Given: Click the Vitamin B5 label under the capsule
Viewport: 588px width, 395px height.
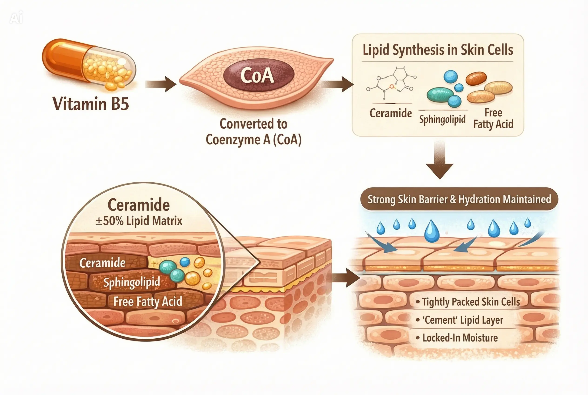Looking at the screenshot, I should click(90, 104).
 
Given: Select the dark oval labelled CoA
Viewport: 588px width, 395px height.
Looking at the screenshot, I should click(259, 75).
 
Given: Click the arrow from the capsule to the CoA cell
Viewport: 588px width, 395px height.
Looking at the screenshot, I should click(161, 84).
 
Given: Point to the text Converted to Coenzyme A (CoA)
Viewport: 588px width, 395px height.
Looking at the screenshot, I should click(253, 132).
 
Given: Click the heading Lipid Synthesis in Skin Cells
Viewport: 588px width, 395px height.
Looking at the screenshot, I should click(438, 50).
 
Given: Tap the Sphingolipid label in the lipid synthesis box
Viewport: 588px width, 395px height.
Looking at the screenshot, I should click(442, 119).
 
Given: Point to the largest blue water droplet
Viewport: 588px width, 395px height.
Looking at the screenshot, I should click(431, 231).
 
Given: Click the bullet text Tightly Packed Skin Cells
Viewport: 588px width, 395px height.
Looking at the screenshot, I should click(471, 302).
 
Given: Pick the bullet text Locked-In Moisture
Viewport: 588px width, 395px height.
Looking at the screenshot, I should click(460, 338).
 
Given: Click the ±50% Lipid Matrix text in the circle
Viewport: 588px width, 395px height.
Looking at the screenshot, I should click(139, 221).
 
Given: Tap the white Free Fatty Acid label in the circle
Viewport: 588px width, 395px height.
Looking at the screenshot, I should click(147, 301).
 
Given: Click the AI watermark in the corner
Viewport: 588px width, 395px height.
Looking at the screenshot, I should click(16, 18).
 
